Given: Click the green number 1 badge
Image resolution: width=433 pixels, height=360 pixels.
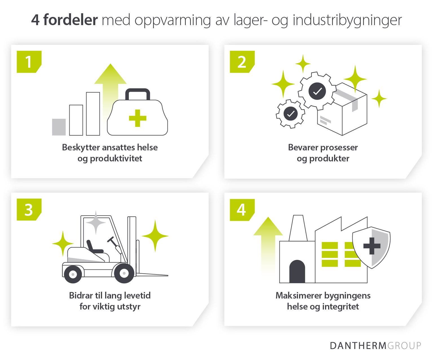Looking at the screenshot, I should point(29,62).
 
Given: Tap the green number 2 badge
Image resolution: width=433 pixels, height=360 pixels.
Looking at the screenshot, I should point(242,62).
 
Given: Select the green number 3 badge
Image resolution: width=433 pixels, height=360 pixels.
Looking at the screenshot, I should point(29,210).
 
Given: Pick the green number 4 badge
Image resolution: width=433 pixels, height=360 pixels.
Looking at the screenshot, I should point(242,210).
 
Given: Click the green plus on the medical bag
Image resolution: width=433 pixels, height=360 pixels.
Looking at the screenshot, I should point(138,118).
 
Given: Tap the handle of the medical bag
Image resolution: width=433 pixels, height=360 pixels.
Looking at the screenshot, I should point(138,92).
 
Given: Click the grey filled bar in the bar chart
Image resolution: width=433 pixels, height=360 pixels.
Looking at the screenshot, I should point(59,127).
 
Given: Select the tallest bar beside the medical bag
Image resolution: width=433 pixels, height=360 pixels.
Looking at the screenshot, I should point(93,114).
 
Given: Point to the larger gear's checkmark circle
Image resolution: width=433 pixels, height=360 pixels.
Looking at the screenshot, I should point(317,91).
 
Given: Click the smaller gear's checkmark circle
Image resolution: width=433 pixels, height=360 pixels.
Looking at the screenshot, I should point(290,114).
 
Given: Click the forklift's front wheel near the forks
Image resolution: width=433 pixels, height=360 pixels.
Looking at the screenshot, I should point(124,273).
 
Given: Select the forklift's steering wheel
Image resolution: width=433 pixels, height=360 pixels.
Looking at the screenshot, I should point(111,240).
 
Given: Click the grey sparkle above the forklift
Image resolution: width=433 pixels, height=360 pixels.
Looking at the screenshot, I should point(96,222).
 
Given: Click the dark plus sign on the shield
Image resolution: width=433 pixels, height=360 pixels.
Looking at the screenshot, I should point(372,246).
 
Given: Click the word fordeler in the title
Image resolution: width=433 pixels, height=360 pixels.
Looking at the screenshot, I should point(70,20).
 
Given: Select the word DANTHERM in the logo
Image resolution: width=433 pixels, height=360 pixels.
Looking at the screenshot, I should point(358,346).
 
